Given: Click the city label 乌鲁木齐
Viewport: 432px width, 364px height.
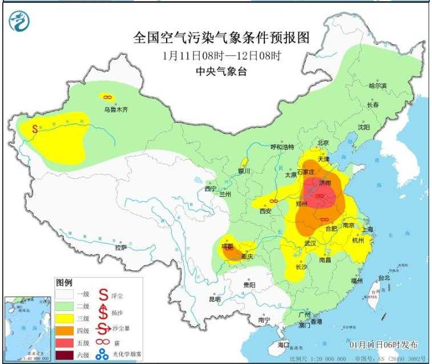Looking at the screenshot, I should [x=115, y=109].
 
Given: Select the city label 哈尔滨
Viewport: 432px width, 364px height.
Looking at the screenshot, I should [x=377, y=86].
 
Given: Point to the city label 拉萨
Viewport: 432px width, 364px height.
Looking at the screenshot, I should [x=120, y=248].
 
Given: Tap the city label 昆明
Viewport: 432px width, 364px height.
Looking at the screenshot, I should [x=215, y=298].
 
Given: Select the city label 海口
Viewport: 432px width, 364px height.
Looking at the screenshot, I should [x=284, y=345].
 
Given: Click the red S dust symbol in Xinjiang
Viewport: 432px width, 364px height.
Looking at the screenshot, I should [x=35, y=129].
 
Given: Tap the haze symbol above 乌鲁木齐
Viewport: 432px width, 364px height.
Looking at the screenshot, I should [x=106, y=97].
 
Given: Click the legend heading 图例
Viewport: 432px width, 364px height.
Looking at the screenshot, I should [x=63, y=283].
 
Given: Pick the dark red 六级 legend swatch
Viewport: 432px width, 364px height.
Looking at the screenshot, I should [x=66, y=355].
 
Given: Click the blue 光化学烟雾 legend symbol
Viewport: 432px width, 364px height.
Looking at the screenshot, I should [x=103, y=354].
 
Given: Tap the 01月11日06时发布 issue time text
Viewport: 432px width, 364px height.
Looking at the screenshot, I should [x=383, y=345].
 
